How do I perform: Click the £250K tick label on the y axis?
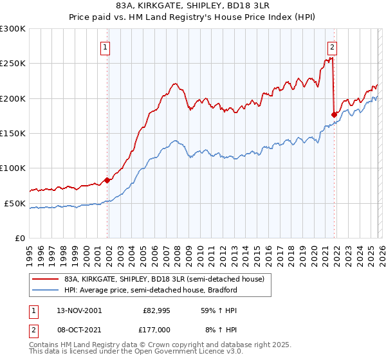click(13, 64)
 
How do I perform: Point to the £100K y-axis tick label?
click(13, 168)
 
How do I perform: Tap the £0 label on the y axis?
click(20, 238)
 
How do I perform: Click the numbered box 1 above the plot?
click(105, 46)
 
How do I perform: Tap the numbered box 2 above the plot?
click(332, 46)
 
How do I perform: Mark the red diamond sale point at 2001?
click(107, 180)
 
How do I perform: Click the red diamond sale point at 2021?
click(334, 114)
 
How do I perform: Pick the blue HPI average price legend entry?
click(151, 290)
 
